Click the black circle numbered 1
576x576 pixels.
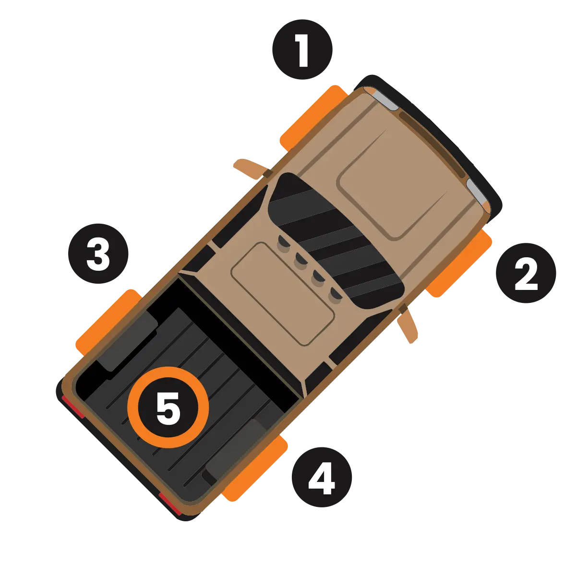point(302,49)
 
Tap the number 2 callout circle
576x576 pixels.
point(526,273)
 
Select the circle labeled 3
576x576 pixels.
point(98,253)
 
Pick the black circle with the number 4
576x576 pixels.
point(322,477)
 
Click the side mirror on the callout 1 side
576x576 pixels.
point(251,168)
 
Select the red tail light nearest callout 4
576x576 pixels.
point(170,504)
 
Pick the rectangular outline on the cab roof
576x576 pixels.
point(282,294)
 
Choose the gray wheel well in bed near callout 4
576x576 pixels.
point(236,448)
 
